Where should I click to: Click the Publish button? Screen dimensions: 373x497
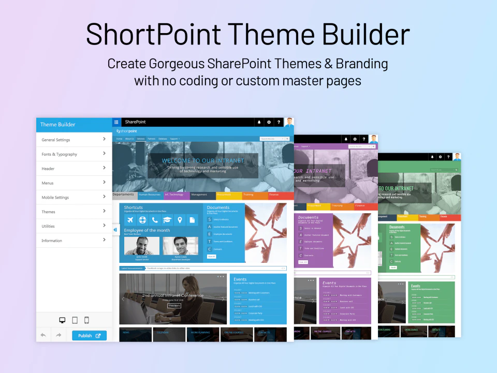pos(89,335)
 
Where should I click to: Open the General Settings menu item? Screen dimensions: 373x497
pos(56,140)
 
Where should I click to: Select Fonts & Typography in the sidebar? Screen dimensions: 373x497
pos(60,154)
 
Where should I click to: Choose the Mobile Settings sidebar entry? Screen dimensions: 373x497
pos(55,198)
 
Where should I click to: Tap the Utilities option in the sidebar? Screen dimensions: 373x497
pos(48,226)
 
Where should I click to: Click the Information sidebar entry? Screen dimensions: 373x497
pos(52,241)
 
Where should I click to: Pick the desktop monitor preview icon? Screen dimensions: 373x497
pos(63,320)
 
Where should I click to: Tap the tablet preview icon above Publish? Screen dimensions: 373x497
pos(75,320)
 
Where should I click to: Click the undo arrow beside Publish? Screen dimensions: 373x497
pos(43,335)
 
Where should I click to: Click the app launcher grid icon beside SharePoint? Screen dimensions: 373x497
pos(116,122)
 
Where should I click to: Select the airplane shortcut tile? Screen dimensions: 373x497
pos(128,220)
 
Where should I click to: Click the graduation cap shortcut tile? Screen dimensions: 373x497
pos(167,220)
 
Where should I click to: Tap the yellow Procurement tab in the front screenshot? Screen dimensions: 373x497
pos(229,195)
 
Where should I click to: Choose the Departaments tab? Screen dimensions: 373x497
pos(124,195)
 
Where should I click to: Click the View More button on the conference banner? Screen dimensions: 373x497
pos(174,306)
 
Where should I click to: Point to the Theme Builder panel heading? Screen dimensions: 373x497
pos(58,125)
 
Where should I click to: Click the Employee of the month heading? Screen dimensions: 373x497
pos(147,230)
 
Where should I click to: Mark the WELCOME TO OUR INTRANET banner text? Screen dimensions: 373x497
pos(202,160)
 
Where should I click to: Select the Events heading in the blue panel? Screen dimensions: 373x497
pos(240,279)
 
